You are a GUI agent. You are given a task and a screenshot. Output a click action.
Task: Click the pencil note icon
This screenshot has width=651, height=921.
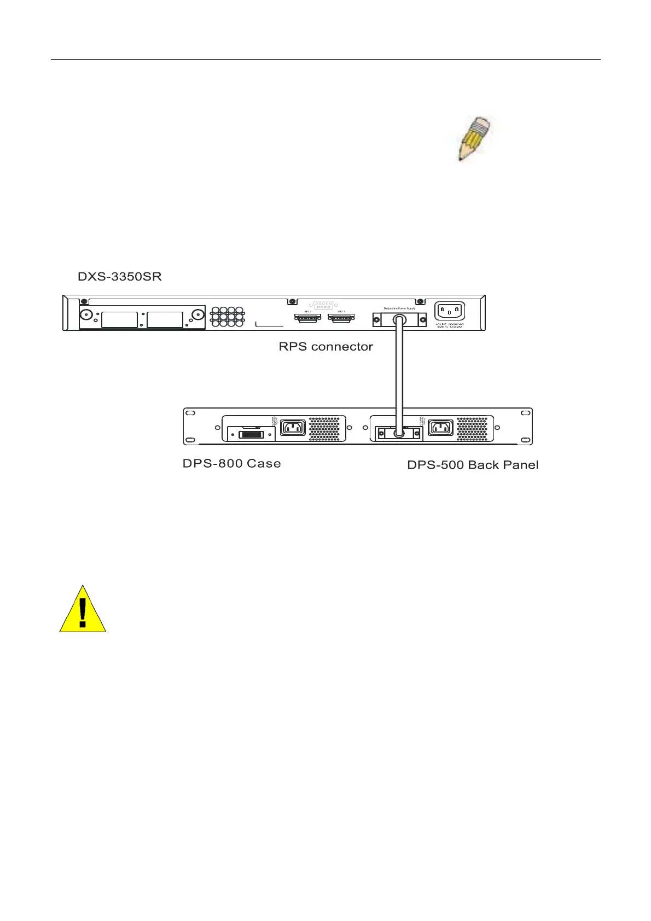click(x=474, y=139)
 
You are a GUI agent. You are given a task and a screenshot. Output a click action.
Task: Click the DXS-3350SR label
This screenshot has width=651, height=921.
click(x=120, y=276)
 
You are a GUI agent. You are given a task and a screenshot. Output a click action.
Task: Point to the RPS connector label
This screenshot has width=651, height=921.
click(x=326, y=346)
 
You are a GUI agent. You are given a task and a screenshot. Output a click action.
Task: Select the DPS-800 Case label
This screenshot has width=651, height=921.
click(x=231, y=463)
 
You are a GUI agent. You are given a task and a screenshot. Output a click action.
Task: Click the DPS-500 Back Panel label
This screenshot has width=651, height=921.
click(x=473, y=465)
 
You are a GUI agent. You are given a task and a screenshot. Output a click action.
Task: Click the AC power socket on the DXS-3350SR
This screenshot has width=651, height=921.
click(x=450, y=311)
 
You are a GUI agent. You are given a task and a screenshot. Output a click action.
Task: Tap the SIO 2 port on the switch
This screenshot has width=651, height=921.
click(x=308, y=318)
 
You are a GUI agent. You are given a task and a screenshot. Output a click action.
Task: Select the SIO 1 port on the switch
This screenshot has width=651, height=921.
click(x=341, y=318)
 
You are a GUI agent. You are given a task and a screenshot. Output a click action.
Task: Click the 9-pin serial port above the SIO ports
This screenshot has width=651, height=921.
click(x=324, y=306)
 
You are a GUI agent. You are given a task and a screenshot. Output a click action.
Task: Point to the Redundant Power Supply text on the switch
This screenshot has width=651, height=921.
click(x=399, y=308)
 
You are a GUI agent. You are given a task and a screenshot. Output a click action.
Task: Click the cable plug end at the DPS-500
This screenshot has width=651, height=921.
click(x=400, y=433)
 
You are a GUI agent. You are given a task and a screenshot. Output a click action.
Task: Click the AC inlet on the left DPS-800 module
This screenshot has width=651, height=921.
click(x=293, y=427)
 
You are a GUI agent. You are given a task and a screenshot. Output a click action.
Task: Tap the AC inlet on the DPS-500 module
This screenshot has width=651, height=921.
click(x=440, y=427)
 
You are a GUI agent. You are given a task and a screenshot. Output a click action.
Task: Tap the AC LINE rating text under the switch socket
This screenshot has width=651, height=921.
click(x=450, y=325)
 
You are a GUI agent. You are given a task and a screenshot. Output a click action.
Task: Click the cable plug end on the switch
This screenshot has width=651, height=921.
click(x=399, y=319)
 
